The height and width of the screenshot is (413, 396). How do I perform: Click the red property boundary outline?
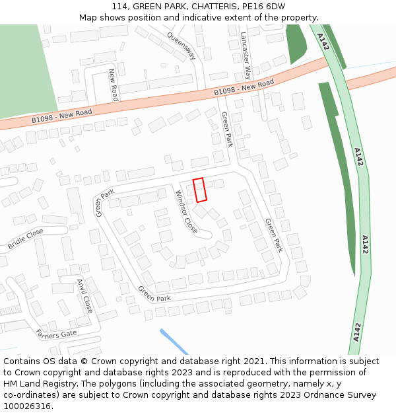(x=200, y=190)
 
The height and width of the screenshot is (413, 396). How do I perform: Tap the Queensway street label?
(x=181, y=46)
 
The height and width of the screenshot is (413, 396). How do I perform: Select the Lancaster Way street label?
(x=246, y=55)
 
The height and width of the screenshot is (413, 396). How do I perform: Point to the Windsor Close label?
(x=185, y=211)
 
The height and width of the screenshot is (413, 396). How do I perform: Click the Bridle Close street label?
(x=26, y=239)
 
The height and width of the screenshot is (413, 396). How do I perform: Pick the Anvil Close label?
(x=84, y=295)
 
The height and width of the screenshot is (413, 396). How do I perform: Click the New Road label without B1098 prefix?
(x=113, y=84)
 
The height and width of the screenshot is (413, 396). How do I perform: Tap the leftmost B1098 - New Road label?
(x=61, y=116)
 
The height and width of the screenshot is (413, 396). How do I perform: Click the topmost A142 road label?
(x=322, y=42)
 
